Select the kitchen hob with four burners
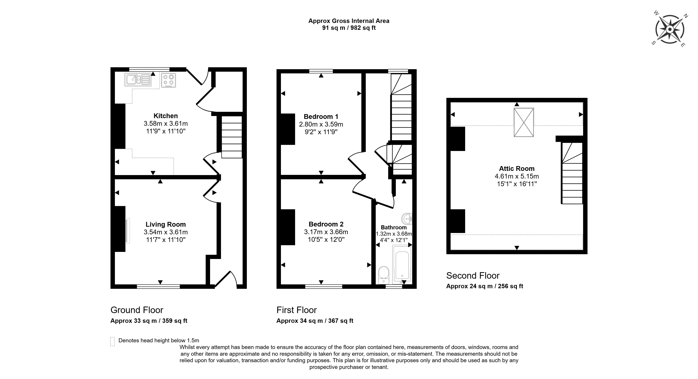point(168,80)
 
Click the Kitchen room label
point(166,116)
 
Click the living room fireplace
point(127,231)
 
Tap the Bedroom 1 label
point(321,117)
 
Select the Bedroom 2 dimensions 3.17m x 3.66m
point(326,232)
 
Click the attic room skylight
point(524,123)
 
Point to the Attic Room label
point(517,169)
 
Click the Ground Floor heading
point(137,310)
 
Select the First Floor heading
point(296,310)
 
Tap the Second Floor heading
point(473,276)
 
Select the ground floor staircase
point(232,137)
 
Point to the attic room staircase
point(572,173)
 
